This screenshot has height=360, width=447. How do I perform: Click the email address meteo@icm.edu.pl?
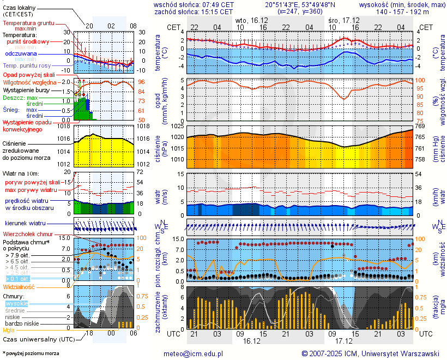coord(194,353)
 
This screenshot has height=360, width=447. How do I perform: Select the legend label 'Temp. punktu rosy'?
coord(27,65)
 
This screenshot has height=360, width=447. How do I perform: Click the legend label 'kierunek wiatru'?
coord(25,224)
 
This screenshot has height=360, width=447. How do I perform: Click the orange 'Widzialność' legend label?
coord(19,286)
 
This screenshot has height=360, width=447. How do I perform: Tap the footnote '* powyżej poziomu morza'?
coord(31,353)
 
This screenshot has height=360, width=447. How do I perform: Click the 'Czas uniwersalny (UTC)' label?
coord(38,339)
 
